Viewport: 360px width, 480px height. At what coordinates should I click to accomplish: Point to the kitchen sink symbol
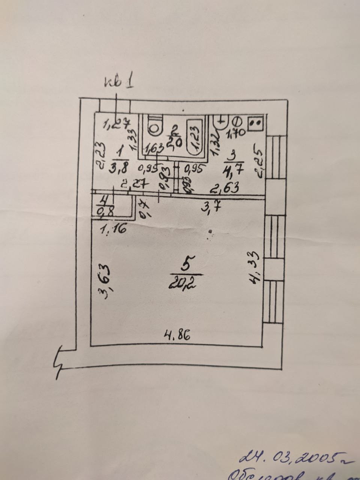point(222,121)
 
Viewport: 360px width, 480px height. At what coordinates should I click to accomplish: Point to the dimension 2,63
point(225,187)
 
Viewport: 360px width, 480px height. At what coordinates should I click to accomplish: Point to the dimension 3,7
point(208,207)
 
